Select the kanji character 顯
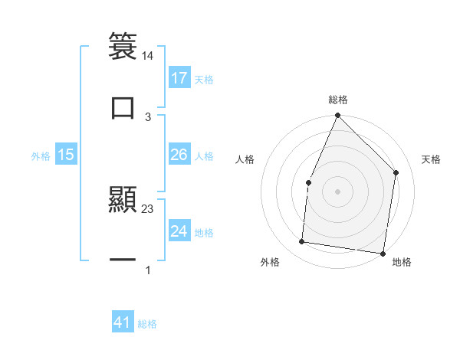[x=123, y=200]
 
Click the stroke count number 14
[x=148, y=56]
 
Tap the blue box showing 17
[x=179, y=77]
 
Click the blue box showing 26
[x=179, y=155]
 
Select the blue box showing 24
[x=179, y=231]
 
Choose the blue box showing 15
[x=66, y=155]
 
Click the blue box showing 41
[x=123, y=322]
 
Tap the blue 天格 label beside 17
[x=204, y=79]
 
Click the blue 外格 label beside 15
[x=41, y=155]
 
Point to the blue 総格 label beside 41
[x=147, y=324]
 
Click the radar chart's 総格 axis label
[x=338, y=100]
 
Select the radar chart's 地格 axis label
[x=402, y=262]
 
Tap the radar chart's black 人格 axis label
[x=245, y=159]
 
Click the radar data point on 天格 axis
[x=396, y=172]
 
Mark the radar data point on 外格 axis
[x=302, y=242]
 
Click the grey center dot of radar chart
[x=337, y=191]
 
